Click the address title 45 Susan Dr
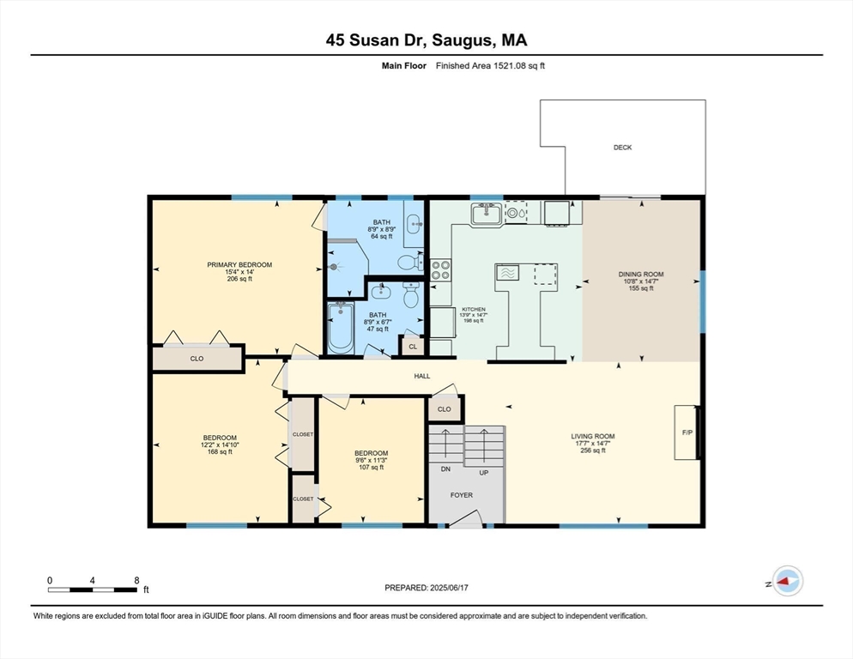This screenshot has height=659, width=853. (426, 39)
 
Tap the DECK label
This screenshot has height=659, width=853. (622, 148)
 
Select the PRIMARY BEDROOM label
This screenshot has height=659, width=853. (239, 264)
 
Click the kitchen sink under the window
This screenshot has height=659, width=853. (486, 213)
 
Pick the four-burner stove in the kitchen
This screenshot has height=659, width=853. (440, 270)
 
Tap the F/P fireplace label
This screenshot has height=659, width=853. (687, 432)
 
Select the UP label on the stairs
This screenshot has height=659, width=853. (484, 471)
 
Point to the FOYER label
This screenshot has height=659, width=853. (463, 495)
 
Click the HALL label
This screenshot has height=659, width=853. (422, 376)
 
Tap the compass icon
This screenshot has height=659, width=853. (787, 581)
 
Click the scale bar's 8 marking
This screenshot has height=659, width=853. (136, 580)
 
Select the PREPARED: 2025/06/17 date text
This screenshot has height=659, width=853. (426, 588)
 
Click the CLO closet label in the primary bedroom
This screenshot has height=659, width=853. (197, 358)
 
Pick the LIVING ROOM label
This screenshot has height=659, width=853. (593, 436)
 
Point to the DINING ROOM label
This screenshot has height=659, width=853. (641, 275)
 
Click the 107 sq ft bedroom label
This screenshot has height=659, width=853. (372, 453)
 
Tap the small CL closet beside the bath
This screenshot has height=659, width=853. (413, 347)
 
